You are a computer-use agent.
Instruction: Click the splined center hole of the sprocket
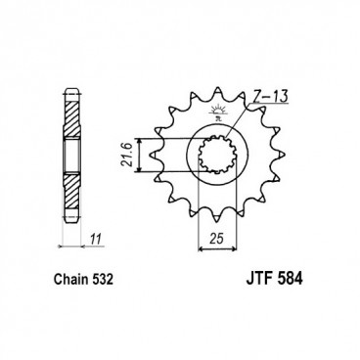pyautogui.click(x=217, y=157)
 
